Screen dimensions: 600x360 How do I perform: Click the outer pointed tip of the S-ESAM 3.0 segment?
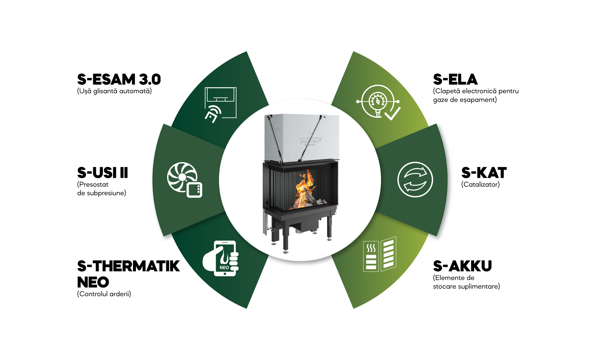[x=247, y=52]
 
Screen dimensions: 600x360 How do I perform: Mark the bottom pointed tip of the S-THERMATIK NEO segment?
[x=247, y=308]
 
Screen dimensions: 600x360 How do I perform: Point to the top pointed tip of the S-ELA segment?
[x=353, y=52]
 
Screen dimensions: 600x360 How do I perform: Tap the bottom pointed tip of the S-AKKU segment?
[x=353, y=308]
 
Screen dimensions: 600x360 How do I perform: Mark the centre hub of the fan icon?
[x=182, y=177]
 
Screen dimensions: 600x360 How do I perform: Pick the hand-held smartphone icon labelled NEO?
[x=221, y=258]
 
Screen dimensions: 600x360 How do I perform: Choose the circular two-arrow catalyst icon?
[x=415, y=179]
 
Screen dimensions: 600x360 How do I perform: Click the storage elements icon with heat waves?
[x=380, y=254]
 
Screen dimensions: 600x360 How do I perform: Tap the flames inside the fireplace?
[x=304, y=188]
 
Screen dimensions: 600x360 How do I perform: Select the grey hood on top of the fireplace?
[x=302, y=137]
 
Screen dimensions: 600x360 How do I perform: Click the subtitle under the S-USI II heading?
[x=102, y=189]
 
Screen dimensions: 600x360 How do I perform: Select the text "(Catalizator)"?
[x=480, y=184]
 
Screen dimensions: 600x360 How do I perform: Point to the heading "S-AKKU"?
[x=462, y=266]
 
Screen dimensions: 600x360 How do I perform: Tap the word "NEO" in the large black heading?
[x=93, y=282]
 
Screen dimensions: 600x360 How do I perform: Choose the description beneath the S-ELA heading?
[x=476, y=95]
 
